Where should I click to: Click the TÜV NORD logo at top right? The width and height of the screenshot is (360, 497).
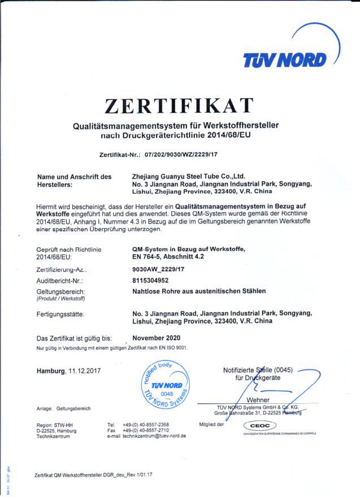pos(284,59)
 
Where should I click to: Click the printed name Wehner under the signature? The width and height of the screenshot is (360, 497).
pos(258,400)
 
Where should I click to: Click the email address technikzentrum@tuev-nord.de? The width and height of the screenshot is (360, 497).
pos(154,436)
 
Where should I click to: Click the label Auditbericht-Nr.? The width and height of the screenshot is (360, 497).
pos(60,280)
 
